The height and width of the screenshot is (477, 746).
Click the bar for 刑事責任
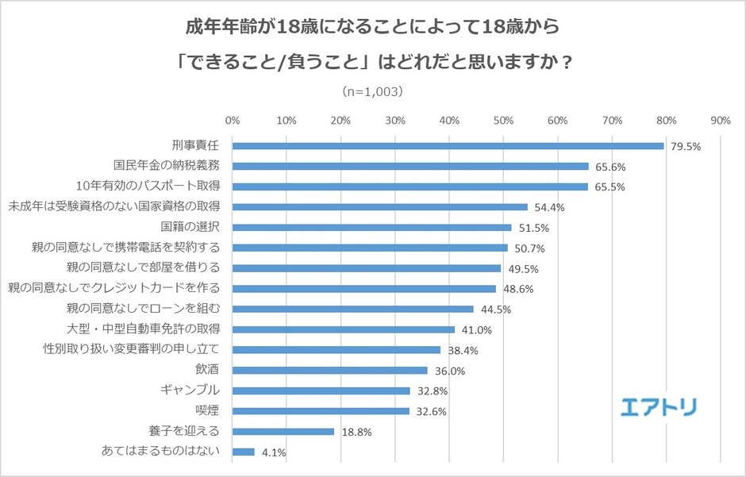coord(448,146)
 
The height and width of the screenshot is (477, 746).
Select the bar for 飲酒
coord(329,371)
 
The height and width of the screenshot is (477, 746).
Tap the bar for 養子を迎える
coord(283,432)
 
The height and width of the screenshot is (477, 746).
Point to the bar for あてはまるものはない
coord(243,452)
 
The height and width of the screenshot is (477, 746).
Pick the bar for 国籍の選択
coord(371,228)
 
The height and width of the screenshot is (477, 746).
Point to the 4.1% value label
coord(272,452)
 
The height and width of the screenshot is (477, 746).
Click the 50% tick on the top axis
coord(503,121)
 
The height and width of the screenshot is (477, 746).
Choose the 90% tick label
coord(720,121)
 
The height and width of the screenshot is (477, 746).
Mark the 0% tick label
coord(233,121)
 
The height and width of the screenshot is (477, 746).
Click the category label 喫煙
coord(207,411)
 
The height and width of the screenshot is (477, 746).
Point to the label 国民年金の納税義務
coord(167,166)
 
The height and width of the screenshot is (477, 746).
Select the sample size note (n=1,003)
coord(372,91)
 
